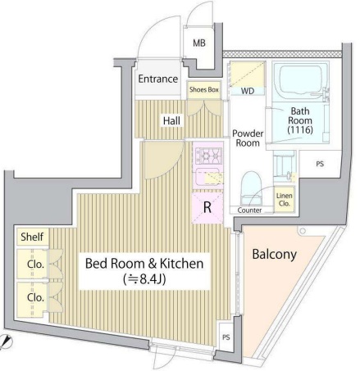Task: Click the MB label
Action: [199, 43]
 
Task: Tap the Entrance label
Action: [158, 79]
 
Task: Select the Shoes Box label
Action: [204, 89]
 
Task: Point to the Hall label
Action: [171, 120]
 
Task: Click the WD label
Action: [248, 91]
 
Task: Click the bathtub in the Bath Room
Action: [300, 81]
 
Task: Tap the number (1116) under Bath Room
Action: [300, 130]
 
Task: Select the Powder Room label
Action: [248, 138]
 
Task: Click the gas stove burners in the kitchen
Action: [208, 155]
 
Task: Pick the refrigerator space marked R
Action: [207, 208]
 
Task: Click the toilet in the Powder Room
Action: [251, 188]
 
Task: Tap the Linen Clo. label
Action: [285, 200]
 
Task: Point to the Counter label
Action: [249, 210]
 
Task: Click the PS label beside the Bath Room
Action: [320, 164]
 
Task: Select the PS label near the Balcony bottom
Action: [226, 337]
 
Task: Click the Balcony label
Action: [274, 255]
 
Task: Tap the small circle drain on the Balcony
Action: [302, 231]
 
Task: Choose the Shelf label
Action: [32, 237]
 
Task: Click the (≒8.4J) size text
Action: [144, 279]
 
